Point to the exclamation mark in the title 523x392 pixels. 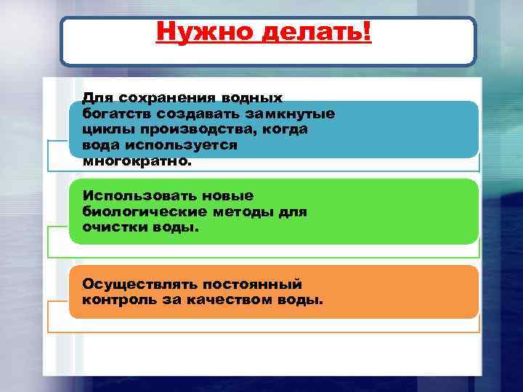click(x=365, y=32)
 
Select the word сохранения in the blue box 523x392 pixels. click(x=161, y=97)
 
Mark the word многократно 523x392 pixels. click(x=138, y=161)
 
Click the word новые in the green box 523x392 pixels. click(x=227, y=196)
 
